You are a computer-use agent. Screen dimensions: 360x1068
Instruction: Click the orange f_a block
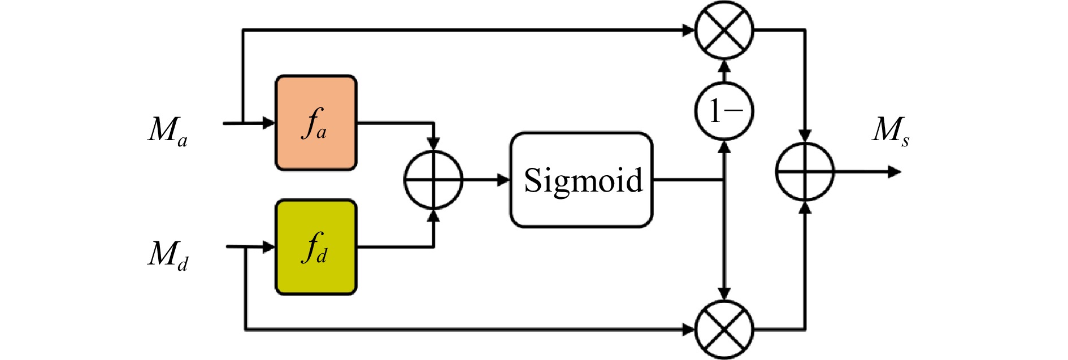coord(316,123)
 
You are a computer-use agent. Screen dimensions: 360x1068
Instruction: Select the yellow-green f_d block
coord(316,247)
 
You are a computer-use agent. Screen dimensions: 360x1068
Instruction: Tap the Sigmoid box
coord(581,180)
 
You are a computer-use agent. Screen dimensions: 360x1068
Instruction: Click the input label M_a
coord(167,131)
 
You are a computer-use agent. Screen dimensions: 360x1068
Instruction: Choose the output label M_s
coord(890,131)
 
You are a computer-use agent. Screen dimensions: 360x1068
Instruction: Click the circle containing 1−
coord(724,111)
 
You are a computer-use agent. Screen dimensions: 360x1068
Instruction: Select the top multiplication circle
coord(724,30)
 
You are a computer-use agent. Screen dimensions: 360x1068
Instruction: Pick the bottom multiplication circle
coord(724,329)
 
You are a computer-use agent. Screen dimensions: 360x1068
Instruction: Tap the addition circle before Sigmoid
coord(433,180)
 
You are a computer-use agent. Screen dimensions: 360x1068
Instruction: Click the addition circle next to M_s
coord(805,171)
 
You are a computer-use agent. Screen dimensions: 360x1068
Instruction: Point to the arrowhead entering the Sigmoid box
coord(503,180)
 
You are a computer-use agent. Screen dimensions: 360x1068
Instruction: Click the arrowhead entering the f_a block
coord(269,123)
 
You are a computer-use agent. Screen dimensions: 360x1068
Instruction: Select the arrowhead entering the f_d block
coord(269,247)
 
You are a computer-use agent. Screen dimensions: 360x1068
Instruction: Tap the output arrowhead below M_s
coord(894,171)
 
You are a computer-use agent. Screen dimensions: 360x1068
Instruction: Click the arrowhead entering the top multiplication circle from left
coord(688,30)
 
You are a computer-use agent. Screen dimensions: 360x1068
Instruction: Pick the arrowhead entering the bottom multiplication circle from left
coord(688,329)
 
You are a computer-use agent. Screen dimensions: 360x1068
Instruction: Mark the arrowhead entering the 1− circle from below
coord(724,147)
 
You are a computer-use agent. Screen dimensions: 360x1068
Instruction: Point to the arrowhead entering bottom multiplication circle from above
coord(724,293)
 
